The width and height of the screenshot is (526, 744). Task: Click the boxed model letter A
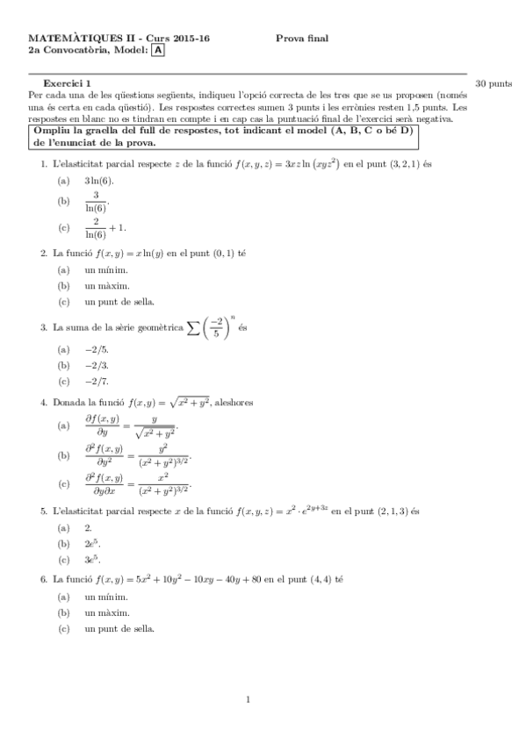pyautogui.click(x=157, y=51)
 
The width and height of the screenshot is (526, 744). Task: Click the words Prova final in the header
pyautogui.click(x=301, y=39)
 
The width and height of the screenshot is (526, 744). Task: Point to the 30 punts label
pyautogui.click(x=493, y=84)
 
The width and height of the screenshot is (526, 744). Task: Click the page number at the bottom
pyautogui.click(x=249, y=699)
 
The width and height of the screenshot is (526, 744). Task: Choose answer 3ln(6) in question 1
pyautogui.click(x=99, y=181)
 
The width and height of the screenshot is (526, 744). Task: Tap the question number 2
pyautogui.click(x=43, y=253)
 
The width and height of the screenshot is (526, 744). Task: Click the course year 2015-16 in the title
pyautogui.click(x=190, y=39)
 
